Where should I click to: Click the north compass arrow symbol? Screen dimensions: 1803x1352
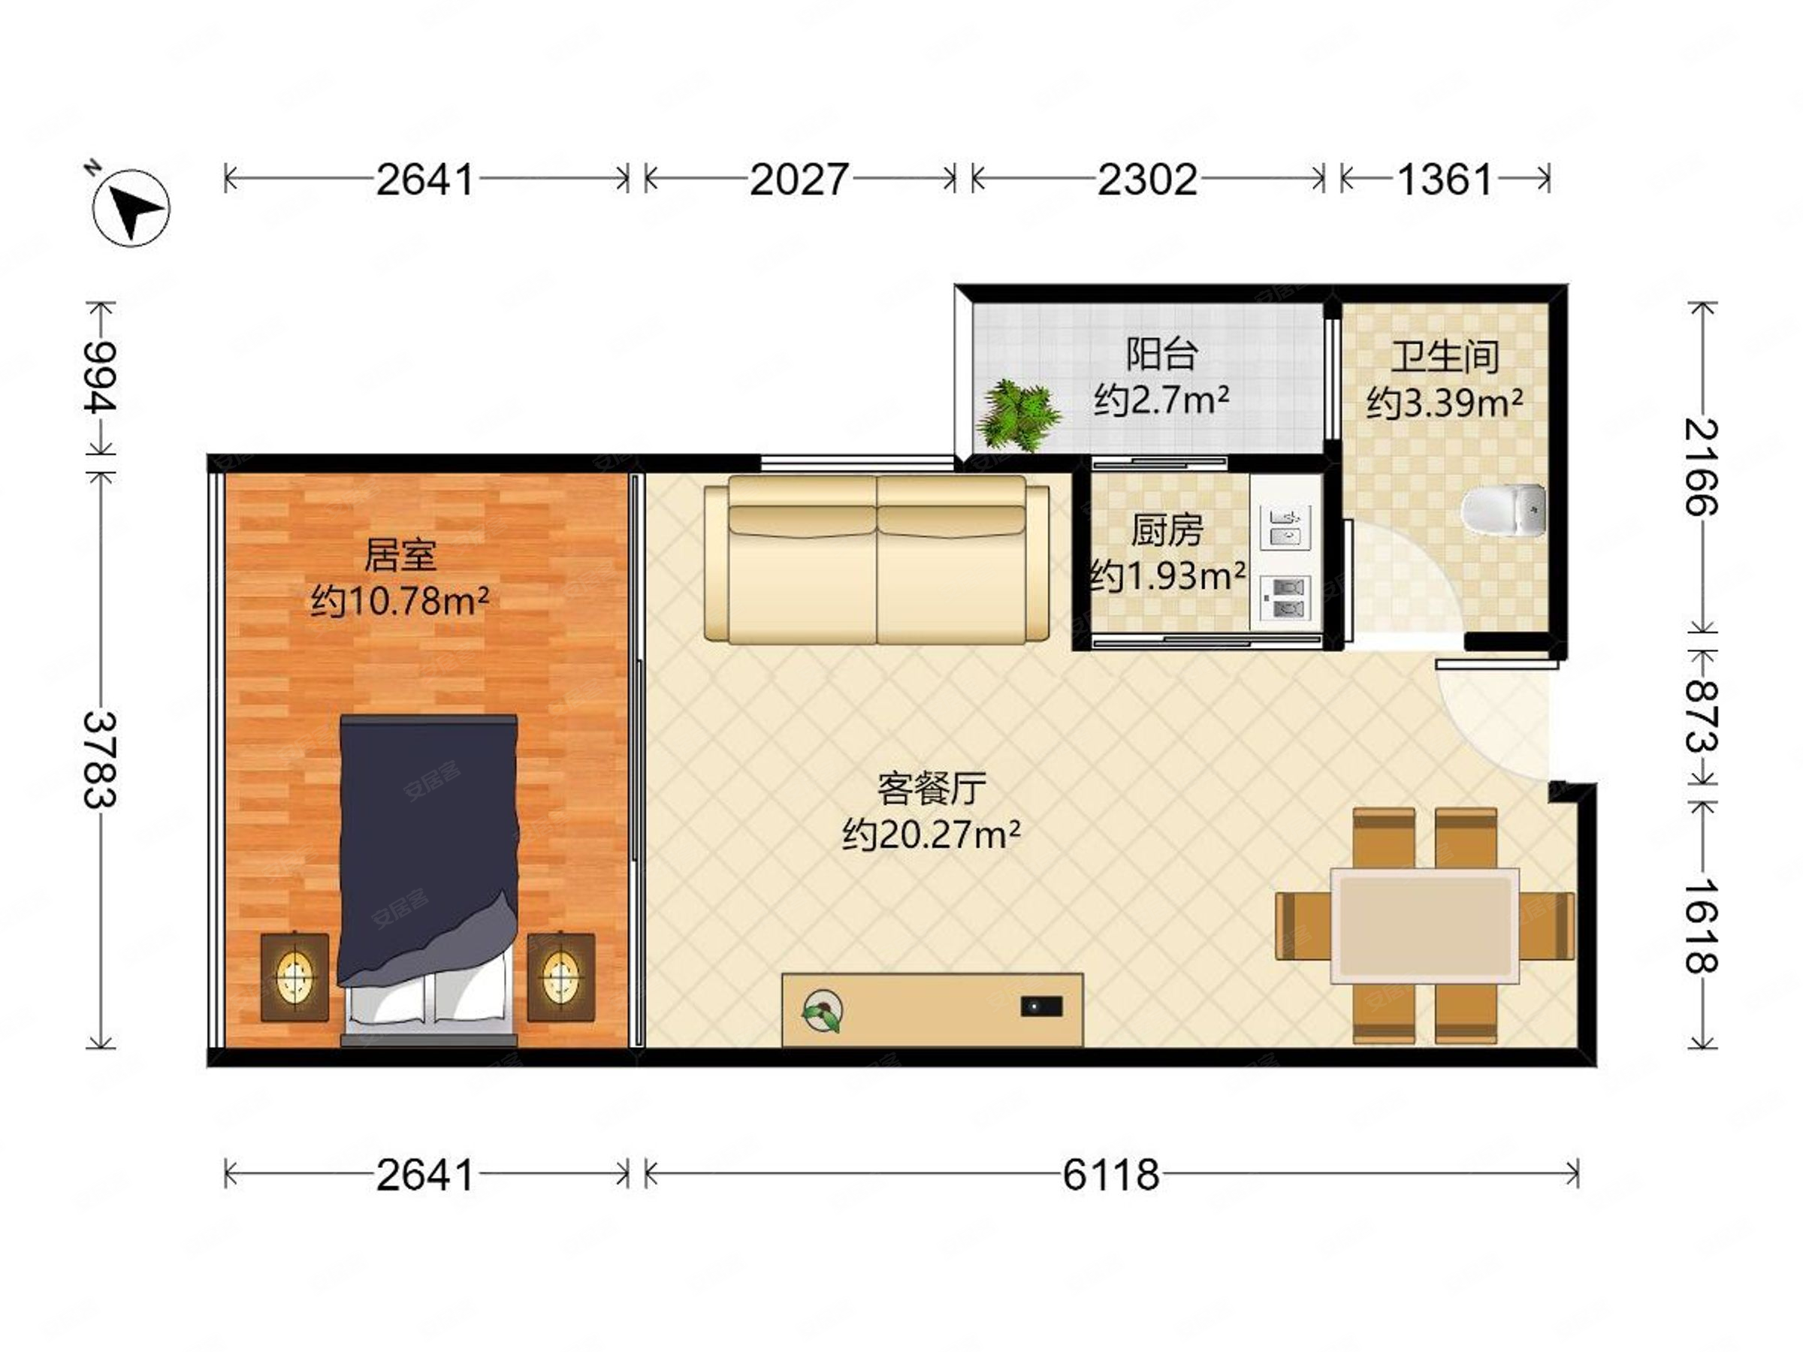coord(131,207)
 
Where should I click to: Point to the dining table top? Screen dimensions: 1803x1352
coord(1425,926)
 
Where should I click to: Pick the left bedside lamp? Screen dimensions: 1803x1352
coord(295,977)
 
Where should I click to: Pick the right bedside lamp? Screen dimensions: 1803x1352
coord(560,977)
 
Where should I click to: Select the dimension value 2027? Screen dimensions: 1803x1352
coord(799,180)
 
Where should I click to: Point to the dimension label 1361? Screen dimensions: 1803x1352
coord(1445,180)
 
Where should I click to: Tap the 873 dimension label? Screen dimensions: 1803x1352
coord(1701,717)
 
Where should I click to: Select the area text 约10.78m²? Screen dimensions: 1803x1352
coord(400,602)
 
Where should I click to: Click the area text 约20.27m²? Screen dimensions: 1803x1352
coord(931,834)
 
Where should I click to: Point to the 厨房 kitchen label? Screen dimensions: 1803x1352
coord(1167,530)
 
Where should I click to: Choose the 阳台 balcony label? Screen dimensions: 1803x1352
coord(1161,354)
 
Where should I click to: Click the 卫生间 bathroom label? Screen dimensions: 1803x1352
coord(1445,356)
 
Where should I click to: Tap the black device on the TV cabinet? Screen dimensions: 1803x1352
coord(1041,1006)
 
